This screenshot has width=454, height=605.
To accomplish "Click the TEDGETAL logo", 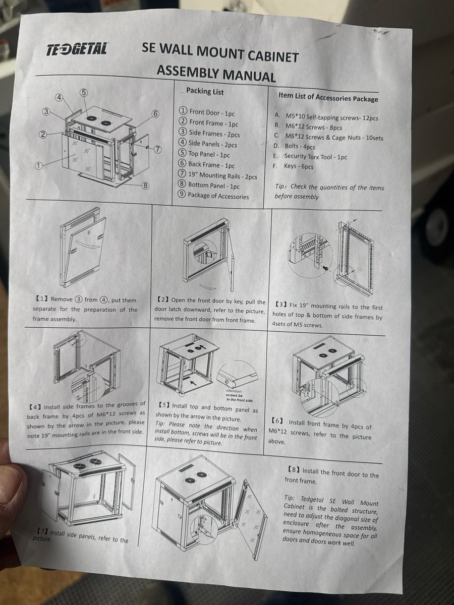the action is (x=76, y=49).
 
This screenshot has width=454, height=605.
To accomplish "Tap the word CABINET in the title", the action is (x=272, y=56).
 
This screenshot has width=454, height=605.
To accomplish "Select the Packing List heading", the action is (x=205, y=92).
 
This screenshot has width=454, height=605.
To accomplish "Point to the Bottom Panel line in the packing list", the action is (x=209, y=185).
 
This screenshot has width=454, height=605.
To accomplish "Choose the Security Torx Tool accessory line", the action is (x=310, y=157).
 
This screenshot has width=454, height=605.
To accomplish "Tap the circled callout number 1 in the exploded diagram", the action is (x=39, y=166).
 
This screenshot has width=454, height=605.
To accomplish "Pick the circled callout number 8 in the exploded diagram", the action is (x=145, y=186).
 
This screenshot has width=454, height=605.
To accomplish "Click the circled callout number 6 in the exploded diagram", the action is (x=155, y=114).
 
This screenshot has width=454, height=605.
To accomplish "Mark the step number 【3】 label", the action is (x=281, y=305).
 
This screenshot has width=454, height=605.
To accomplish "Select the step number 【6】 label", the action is (x=277, y=421).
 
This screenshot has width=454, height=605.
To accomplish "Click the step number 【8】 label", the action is (x=294, y=469).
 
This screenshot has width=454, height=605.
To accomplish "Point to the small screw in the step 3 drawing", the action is (x=325, y=267).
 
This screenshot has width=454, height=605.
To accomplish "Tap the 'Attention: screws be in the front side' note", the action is (x=239, y=395).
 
